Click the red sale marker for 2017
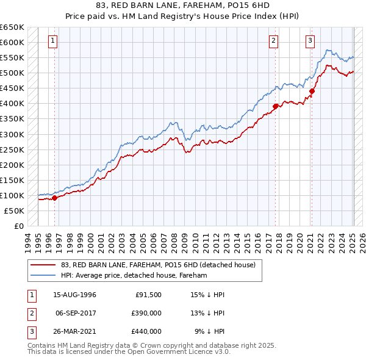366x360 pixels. click(x=275, y=106)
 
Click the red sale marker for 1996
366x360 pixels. click(x=54, y=197)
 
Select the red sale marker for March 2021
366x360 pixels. click(x=312, y=92)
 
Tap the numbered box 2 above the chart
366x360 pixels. click(x=273, y=41)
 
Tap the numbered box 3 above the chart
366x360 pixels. click(x=310, y=41)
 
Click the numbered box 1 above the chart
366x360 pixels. click(x=53, y=41)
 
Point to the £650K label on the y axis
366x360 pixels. click(x=12, y=27)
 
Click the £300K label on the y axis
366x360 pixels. click(x=12, y=134)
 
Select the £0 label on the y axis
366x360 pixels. click(x=18, y=226)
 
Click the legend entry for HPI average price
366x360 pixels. click(x=134, y=275)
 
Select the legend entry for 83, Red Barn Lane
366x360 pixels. click(x=161, y=264)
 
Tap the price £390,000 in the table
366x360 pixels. click(x=146, y=313)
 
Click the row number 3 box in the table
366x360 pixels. click(x=30, y=331)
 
